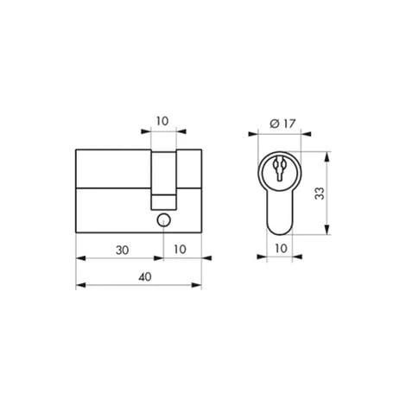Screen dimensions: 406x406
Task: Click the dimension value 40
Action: point(139,276)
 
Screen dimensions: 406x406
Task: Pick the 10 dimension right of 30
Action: point(182,249)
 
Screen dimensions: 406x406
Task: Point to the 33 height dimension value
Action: point(319,194)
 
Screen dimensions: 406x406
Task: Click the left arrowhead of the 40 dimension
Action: point(79,285)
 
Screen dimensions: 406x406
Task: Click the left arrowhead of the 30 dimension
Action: point(79,257)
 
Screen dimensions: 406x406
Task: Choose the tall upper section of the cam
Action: point(162,173)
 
